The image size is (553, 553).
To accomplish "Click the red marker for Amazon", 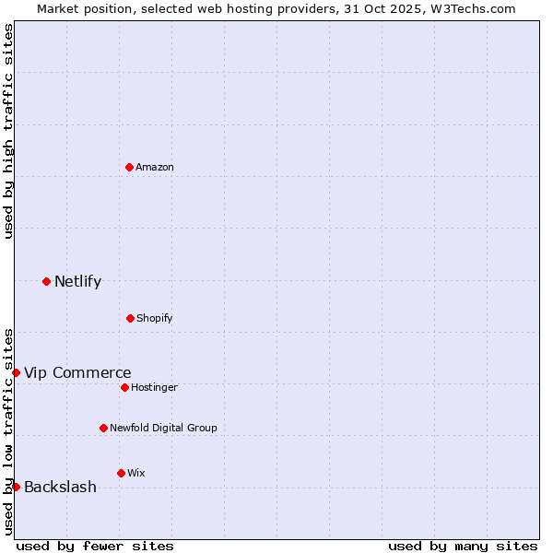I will click(129, 167).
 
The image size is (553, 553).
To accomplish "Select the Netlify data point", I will click(46, 281).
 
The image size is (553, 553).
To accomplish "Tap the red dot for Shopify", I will click(130, 318).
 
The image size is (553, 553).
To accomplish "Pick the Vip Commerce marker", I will click(16, 372).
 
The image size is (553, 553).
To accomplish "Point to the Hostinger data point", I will click(124, 387).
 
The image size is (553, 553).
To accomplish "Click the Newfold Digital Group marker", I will click(103, 428).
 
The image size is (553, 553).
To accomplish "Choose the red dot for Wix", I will click(121, 473).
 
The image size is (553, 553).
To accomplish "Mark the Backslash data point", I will click(16, 487).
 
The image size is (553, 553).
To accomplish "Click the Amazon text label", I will click(155, 167).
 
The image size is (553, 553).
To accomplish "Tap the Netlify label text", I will click(77, 281).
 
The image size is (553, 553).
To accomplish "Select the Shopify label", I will click(155, 318).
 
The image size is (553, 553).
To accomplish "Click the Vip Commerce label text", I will click(77, 372).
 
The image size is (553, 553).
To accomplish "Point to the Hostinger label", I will click(154, 387).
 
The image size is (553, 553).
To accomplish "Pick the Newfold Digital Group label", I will click(163, 428).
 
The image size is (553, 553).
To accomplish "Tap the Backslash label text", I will click(60, 487).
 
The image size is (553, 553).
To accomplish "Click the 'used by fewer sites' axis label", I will click(95, 546).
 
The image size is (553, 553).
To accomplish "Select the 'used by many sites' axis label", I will click(463, 546).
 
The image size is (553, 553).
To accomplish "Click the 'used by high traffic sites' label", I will click(8, 131).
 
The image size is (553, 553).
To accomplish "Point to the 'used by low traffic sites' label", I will click(8, 431).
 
